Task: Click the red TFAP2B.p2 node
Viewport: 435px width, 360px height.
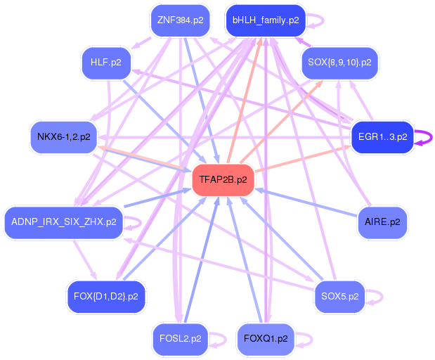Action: tap(223, 180)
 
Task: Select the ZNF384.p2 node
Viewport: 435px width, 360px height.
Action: tap(181, 20)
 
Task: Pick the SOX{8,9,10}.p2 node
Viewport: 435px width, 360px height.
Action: tap(339, 63)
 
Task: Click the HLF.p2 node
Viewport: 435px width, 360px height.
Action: tap(106, 63)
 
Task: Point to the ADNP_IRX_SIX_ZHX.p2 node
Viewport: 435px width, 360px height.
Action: tap(64, 222)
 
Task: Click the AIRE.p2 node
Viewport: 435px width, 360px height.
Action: tap(382, 222)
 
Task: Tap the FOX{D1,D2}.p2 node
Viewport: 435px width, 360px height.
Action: tap(106, 296)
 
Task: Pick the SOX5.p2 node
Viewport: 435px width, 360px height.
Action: tap(339, 296)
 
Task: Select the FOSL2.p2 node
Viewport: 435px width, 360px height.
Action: tap(181, 339)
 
